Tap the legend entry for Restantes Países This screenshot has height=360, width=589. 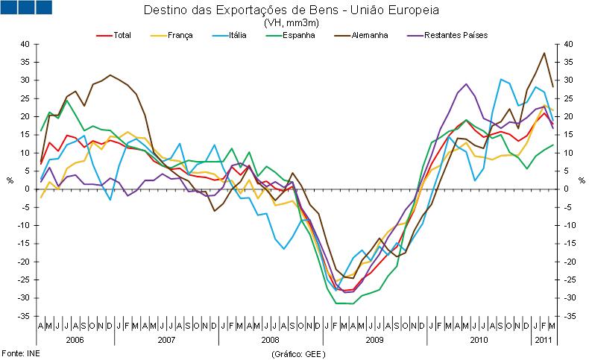455,34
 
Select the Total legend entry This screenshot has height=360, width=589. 123,34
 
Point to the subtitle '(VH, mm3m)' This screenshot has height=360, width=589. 290,23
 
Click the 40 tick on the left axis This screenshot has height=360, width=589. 24,44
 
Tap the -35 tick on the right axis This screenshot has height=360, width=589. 570,316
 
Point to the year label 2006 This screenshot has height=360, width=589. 75,338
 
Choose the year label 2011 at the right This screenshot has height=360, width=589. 542,338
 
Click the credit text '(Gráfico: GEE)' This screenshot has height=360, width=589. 298,352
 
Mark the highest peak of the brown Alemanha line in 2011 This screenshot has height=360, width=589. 544,53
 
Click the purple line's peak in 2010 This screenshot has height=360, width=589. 466,84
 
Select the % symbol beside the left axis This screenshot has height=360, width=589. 10,180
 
